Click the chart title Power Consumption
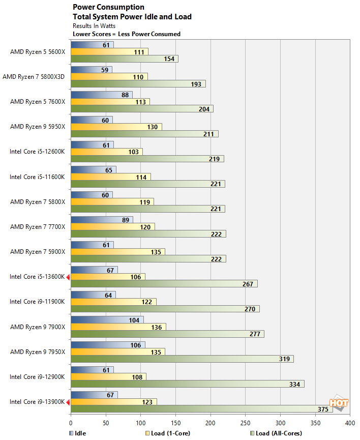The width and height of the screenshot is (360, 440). pyautogui.click(x=108, y=7)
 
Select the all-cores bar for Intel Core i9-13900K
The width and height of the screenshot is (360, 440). pyautogui.click(x=202, y=409)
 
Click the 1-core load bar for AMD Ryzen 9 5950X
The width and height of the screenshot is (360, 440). pyautogui.click(x=116, y=127)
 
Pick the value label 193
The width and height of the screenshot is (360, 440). pyautogui.click(x=197, y=83)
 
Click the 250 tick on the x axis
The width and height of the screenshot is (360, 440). pyautogui.click(x=246, y=423)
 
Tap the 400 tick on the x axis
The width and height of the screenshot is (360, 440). pyautogui.click(x=350, y=423)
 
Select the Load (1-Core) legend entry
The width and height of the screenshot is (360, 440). pyautogui.click(x=165, y=433)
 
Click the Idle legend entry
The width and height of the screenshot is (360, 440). pyautogui.click(x=77, y=433)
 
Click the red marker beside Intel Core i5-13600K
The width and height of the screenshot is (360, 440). pyautogui.click(x=68, y=277)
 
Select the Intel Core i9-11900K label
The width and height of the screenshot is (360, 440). pyautogui.click(x=37, y=302)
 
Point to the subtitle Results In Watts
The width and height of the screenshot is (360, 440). pyautogui.click(x=94, y=25)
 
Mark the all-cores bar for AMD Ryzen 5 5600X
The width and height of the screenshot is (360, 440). pyautogui.click(x=125, y=58)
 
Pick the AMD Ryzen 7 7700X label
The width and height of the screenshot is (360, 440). pyautogui.click(x=38, y=226)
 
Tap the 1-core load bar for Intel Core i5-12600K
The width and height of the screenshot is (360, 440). pyautogui.click(x=107, y=152)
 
